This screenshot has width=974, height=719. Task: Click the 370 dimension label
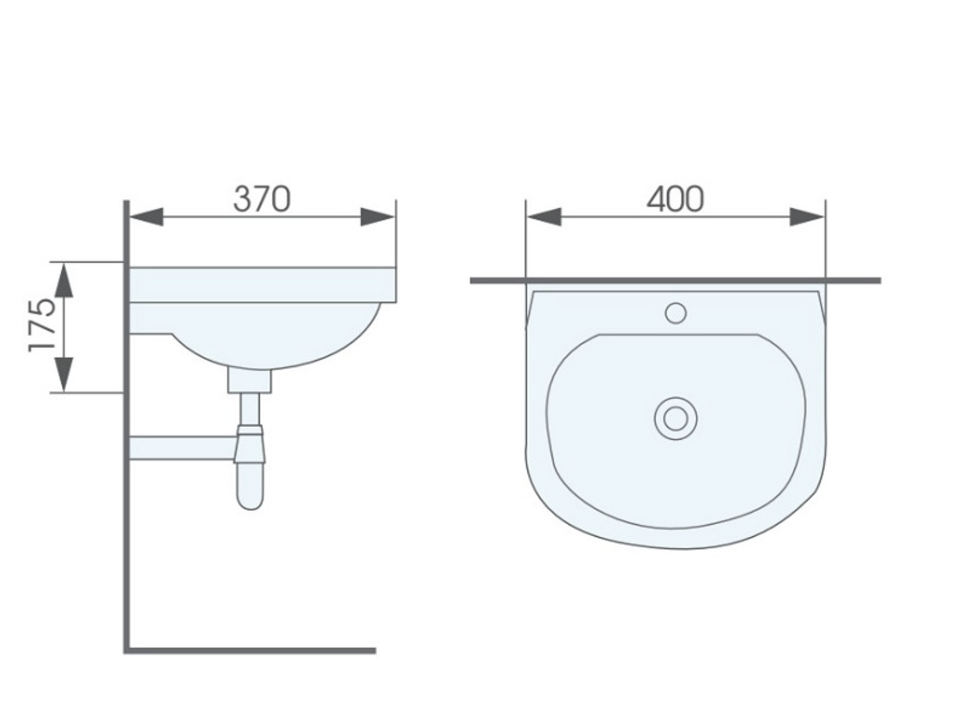pyautogui.click(x=262, y=199)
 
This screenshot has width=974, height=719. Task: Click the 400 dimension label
pyautogui.click(x=675, y=199)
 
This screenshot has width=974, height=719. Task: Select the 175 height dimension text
pyautogui.click(x=41, y=326)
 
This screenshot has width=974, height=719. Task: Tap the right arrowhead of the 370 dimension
pyautogui.click(x=377, y=217)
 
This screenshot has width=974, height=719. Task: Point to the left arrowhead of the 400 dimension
pyautogui.click(x=544, y=217)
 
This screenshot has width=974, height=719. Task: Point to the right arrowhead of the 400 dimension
pyautogui.click(x=807, y=217)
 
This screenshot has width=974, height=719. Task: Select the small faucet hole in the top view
pyautogui.click(x=675, y=313)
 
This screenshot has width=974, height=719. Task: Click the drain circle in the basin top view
pyautogui.click(x=675, y=418)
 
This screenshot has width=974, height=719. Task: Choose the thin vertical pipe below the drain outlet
pyautogui.click(x=250, y=408)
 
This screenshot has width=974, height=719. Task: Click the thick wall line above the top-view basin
pyautogui.click(x=675, y=280)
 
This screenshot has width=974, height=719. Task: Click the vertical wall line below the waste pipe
pyautogui.click(x=125, y=553)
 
